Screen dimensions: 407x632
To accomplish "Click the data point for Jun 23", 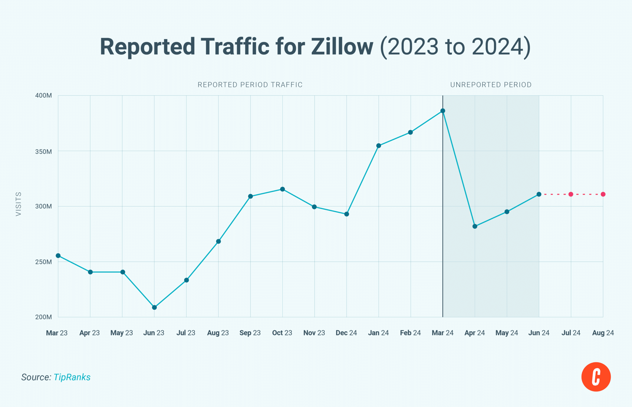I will click(154, 308).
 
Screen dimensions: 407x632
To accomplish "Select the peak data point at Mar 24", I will click(443, 111).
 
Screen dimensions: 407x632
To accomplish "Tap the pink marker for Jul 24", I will click(571, 194).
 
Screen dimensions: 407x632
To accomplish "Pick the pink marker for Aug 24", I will click(603, 194).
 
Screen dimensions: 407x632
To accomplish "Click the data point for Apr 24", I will click(475, 227).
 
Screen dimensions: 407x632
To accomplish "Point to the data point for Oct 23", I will click(282, 189).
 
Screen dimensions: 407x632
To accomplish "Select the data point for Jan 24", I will click(379, 146).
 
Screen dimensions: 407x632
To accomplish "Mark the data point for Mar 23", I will click(58, 256).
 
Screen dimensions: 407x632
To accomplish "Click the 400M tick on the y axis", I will click(43, 96).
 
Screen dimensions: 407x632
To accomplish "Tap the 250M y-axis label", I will click(43, 262).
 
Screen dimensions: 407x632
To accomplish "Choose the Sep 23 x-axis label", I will click(250, 333).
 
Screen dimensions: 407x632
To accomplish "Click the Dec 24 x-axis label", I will click(346, 333).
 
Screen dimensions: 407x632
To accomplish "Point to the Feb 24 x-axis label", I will click(410, 333).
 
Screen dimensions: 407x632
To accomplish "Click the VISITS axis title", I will click(19, 204).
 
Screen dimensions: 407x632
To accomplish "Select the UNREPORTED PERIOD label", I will click(491, 85).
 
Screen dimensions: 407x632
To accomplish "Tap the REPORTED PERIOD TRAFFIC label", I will click(250, 85).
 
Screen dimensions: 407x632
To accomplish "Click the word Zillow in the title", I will click(342, 46).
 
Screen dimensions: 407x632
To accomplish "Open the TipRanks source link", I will click(72, 377).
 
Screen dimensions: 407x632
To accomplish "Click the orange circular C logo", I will click(596, 377).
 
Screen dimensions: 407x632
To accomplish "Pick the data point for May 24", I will click(507, 212).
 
